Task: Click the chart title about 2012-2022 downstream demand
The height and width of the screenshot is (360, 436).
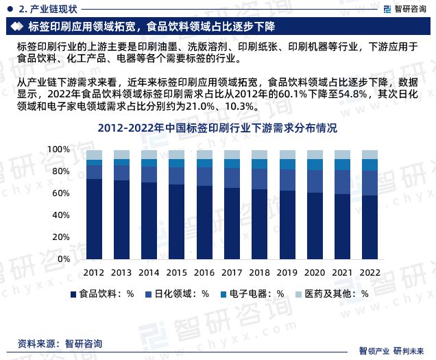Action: pyautogui.click(x=217, y=128)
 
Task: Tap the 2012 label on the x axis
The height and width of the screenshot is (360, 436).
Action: pyautogui.click(x=94, y=272)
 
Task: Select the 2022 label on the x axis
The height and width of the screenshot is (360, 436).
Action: pyautogui.click(x=369, y=272)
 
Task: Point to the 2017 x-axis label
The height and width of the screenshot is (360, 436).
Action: pyautogui.click(x=232, y=272)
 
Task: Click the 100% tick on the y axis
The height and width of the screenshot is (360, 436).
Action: pyautogui.click(x=60, y=149)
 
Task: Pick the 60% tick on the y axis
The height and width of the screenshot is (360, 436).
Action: pyautogui.click(x=62, y=193)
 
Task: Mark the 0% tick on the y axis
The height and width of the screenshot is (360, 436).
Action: pyautogui.click(x=64, y=259)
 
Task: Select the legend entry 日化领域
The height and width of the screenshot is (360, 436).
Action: pyautogui.click(x=177, y=293)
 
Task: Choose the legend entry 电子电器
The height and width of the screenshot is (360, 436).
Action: pyautogui.click(x=252, y=293)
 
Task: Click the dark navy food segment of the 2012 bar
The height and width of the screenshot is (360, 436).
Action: pyautogui.click(x=94, y=219)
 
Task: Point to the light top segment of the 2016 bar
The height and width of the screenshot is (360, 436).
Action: pyautogui.click(x=204, y=154)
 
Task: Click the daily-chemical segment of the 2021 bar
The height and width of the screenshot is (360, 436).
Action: pyautogui.click(x=341, y=182)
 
